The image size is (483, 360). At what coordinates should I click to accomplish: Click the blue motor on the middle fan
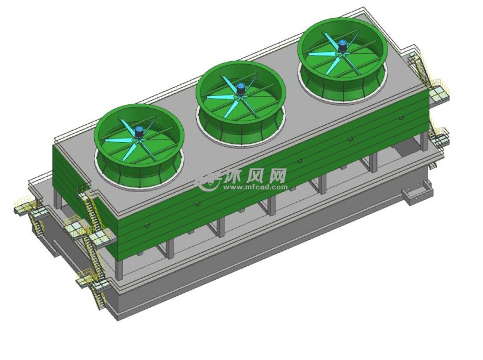click(240, 89)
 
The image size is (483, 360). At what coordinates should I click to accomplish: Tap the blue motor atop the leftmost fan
click(139, 132)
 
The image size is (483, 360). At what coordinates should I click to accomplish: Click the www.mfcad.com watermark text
click(255, 187)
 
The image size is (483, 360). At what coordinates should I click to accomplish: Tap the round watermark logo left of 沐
click(209, 181)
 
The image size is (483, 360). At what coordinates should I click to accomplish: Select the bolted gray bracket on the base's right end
click(416, 192)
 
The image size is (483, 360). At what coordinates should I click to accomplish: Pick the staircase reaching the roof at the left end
click(91, 209)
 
